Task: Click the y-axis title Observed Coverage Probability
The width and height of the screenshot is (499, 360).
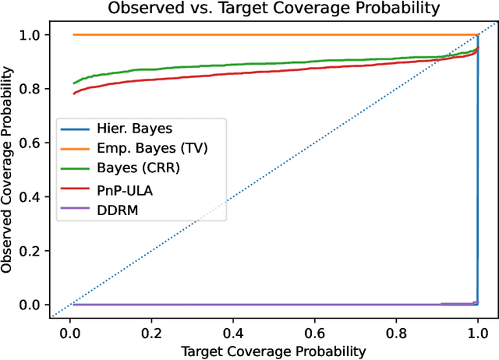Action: click(9, 169)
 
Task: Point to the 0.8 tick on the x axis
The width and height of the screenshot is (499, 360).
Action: click(396, 316)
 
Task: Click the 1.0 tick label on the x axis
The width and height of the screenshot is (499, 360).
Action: click(478, 330)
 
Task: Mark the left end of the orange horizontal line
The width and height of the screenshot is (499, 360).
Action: click(73, 34)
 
